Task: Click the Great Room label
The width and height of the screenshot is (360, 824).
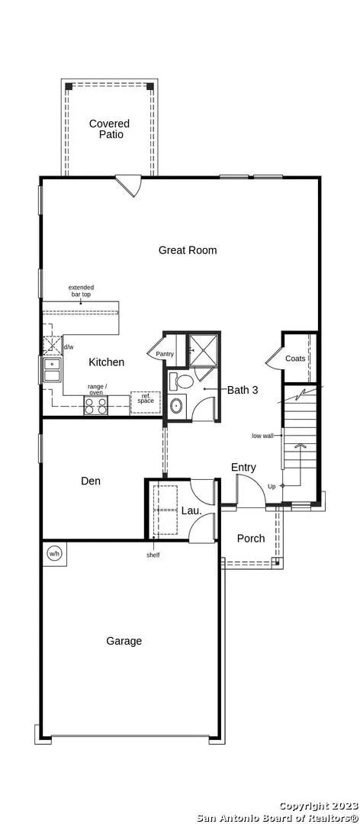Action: pos(188,250)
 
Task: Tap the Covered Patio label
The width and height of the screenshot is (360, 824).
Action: pos(109,129)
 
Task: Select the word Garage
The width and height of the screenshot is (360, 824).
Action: pos(124,641)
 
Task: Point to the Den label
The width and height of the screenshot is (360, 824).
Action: pos(91,481)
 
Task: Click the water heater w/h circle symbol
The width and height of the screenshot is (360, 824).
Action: pos(54,553)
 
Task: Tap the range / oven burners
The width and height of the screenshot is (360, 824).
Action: pos(96,406)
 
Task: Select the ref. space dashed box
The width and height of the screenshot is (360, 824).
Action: pos(145,403)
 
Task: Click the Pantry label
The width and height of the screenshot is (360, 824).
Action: pos(165,354)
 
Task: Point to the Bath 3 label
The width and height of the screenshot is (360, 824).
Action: pos(243,390)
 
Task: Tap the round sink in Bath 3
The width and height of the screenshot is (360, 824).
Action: pos(177,407)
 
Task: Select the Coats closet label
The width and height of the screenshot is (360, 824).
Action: pos(295,359)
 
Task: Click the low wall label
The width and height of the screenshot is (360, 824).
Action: pos(263,436)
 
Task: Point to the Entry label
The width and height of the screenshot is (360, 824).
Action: pos(243,467)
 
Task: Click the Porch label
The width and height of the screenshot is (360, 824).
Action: pos(251,539)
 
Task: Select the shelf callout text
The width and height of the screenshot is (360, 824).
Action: pos(153,555)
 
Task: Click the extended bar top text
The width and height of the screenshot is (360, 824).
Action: pos(82,291)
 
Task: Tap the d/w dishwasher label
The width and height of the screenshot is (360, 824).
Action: pos(69,347)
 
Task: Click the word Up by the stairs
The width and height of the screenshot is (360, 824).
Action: pos(272,487)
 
